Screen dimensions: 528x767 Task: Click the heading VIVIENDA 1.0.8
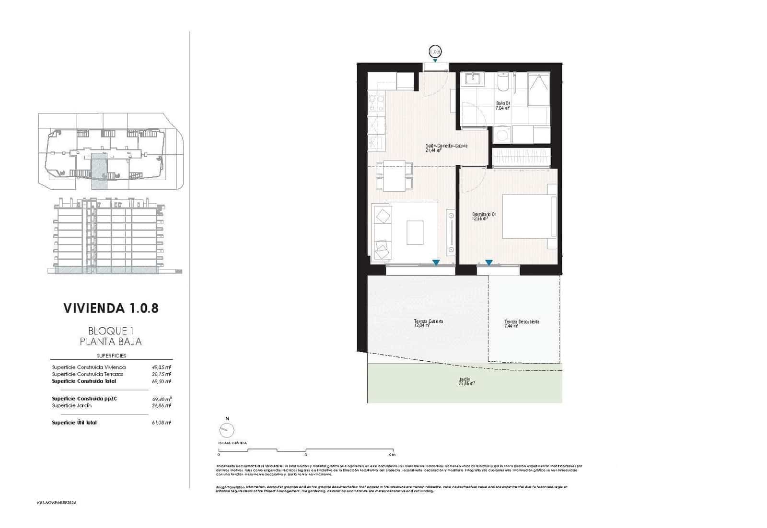(x=111, y=308)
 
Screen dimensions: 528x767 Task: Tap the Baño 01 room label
(x=503, y=105)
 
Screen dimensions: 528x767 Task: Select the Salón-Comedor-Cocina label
(x=446, y=148)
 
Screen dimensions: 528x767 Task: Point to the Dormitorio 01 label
(x=483, y=216)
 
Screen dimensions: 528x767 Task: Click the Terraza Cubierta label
(x=428, y=323)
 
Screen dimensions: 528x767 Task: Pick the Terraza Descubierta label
(x=522, y=323)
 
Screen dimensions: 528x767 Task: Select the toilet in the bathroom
(x=502, y=83)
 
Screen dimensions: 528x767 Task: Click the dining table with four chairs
(x=394, y=176)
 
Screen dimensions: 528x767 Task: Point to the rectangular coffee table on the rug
(x=415, y=232)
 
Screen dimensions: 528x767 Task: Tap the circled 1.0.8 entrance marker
(x=435, y=51)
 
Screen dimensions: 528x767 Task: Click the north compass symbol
(x=227, y=430)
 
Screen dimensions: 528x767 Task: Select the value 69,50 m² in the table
(x=162, y=381)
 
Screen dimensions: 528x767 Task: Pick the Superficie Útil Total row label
(x=74, y=423)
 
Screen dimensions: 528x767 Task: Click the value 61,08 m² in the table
(x=162, y=423)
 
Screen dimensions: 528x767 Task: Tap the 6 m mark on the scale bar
(x=393, y=454)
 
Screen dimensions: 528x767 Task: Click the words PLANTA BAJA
(x=111, y=342)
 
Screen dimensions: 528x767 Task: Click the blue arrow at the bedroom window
(x=488, y=263)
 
